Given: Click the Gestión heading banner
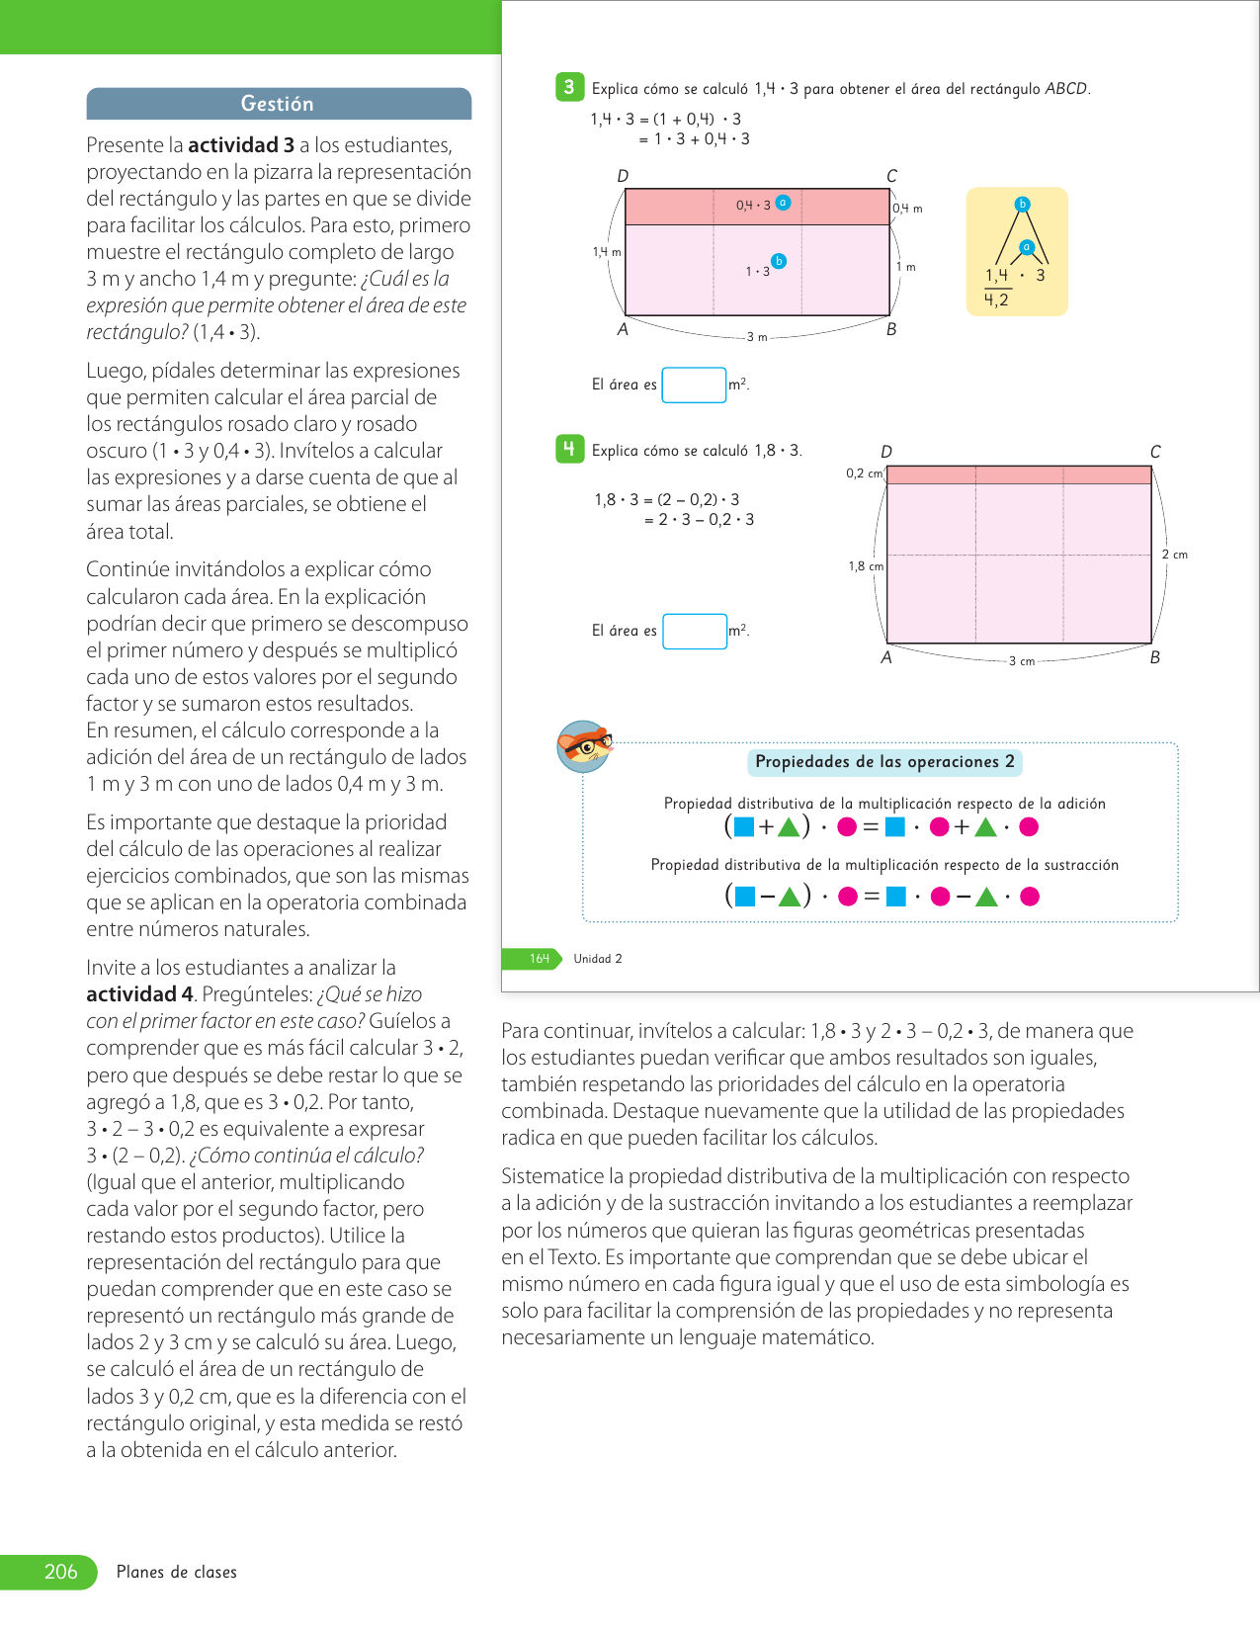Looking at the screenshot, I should pyautogui.click(x=278, y=104).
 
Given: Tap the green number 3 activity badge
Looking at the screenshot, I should pyautogui.click(x=569, y=87).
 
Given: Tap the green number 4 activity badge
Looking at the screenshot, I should pyautogui.click(x=569, y=449).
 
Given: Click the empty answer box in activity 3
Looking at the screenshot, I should pyautogui.click(x=694, y=385).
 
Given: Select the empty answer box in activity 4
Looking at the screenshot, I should pyautogui.click(x=695, y=631).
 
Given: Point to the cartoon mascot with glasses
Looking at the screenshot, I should pyautogui.click(x=585, y=746).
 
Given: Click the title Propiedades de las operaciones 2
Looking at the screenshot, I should pyautogui.click(x=884, y=762).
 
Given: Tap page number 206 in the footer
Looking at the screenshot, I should pyautogui.click(x=60, y=1572).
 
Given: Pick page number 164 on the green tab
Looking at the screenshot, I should pyautogui.click(x=540, y=959).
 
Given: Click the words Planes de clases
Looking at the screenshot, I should pyautogui.click(x=177, y=1572).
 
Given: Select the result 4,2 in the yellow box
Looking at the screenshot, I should pyautogui.click(x=996, y=300).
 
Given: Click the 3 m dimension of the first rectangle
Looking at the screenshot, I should pyautogui.click(x=757, y=337).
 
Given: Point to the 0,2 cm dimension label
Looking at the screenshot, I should pyautogui.click(x=864, y=473).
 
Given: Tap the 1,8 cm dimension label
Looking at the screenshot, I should pyautogui.click(x=866, y=566).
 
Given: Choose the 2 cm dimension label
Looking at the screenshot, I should pyautogui.click(x=1175, y=555).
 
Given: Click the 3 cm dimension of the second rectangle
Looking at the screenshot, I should pyautogui.click(x=1022, y=661).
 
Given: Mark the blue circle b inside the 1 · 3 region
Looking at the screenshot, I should pyautogui.click(x=779, y=261).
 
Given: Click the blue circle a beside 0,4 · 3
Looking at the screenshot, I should pyautogui.click(x=783, y=203).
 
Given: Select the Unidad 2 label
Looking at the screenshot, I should pyautogui.click(x=598, y=959).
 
